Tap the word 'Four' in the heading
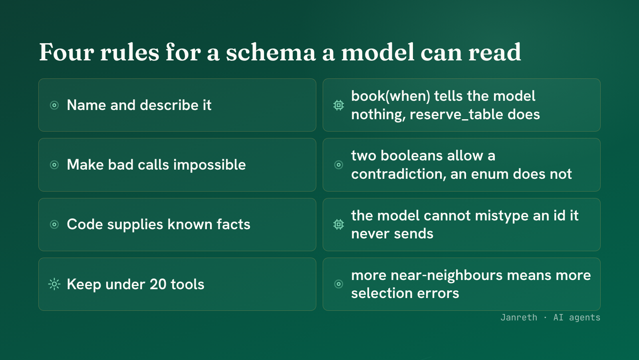[x=66, y=52]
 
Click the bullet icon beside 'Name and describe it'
[x=54, y=105]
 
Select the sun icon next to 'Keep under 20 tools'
[x=54, y=284]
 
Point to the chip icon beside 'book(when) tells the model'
[x=339, y=105]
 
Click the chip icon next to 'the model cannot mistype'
[x=339, y=224]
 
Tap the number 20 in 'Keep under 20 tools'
[x=158, y=284]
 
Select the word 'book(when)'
[x=391, y=96]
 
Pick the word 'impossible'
[x=209, y=165]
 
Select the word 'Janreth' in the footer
[x=519, y=318]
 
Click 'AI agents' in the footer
[x=577, y=318]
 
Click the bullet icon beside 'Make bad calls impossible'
[x=54, y=165]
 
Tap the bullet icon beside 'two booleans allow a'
[x=339, y=165]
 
